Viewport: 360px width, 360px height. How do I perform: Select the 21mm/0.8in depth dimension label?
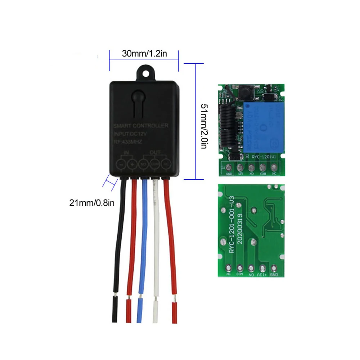click(x=92, y=203)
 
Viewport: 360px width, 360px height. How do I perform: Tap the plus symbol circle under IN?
click(x=133, y=164)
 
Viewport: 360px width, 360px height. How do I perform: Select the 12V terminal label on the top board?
click(x=240, y=174)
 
